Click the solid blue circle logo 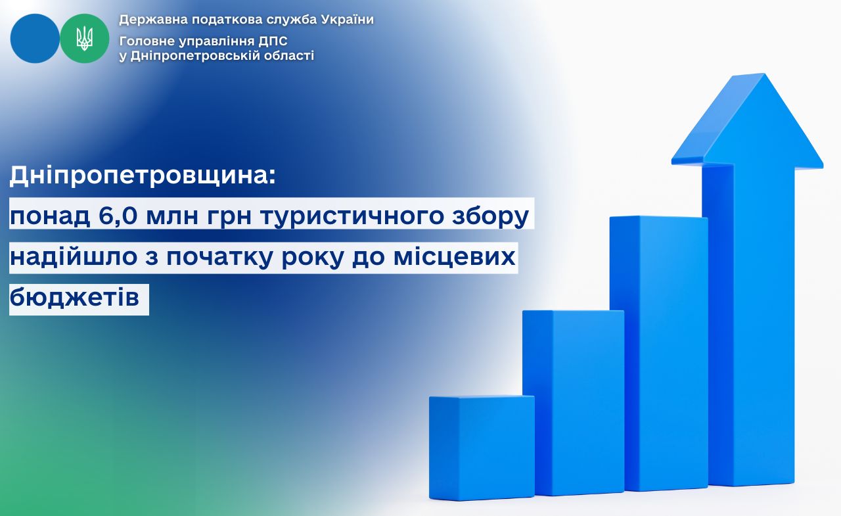(35, 38)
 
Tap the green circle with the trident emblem (85, 38)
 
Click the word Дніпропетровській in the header (196, 56)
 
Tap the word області (290, 56)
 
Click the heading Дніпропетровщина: (143, 176)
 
